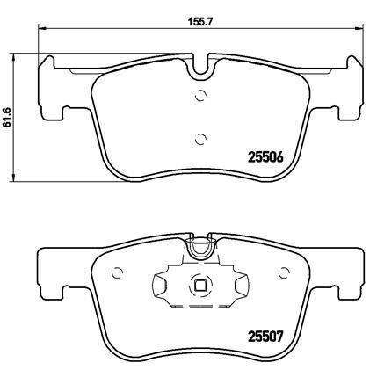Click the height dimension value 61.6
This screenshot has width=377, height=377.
click(8, 117)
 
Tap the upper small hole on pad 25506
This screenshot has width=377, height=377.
click(201, 97)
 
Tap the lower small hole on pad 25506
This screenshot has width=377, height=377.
click(201, 136)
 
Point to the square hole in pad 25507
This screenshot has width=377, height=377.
click(201, 285)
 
